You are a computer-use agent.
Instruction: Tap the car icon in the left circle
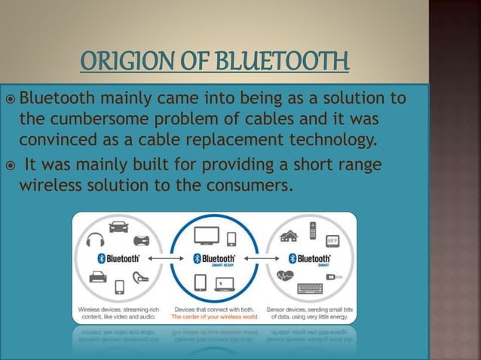click(119, 226)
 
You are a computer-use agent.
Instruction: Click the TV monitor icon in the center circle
click(207, 236)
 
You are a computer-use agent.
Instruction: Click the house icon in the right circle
click(290, 236)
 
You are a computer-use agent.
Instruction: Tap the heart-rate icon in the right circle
click(286, 276)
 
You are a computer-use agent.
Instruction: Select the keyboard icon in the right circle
click(309, 288)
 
